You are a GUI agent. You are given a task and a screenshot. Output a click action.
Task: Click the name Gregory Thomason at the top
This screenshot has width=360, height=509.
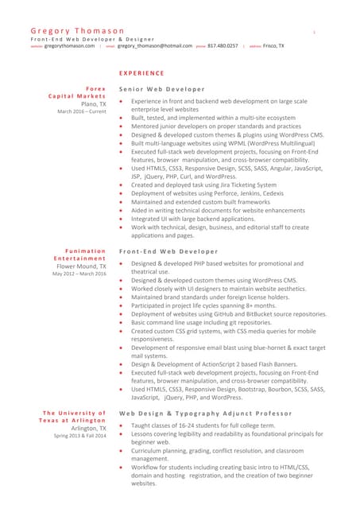click(x=72, y=30)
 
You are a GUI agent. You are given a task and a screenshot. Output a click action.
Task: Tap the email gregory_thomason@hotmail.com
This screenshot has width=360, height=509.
click(x=155, y=46)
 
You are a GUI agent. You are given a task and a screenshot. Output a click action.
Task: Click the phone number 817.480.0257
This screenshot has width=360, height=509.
click(x=223, y=46)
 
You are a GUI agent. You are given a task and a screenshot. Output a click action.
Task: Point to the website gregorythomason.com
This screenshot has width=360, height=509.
click(x=69, y=46)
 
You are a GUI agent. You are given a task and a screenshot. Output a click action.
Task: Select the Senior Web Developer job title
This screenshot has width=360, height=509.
click(x=161, y=88)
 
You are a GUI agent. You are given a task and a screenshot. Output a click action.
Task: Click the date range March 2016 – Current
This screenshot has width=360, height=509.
click(x=81, y=111)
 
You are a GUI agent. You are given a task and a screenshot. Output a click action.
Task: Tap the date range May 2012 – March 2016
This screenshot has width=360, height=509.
click(x=79, y=274)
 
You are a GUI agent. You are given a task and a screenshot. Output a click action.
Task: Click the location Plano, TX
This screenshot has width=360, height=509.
click(x=93, y=103)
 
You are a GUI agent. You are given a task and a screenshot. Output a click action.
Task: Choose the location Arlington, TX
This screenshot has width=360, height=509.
click(x=88, y=428)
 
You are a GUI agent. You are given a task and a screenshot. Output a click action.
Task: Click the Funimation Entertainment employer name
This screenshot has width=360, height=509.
click(x=79, y=254)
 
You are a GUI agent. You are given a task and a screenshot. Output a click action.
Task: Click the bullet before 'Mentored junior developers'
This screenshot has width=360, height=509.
click(x=120, y=126)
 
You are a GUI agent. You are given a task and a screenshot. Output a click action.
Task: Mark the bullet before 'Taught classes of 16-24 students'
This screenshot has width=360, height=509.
click(x=120, y=425)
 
